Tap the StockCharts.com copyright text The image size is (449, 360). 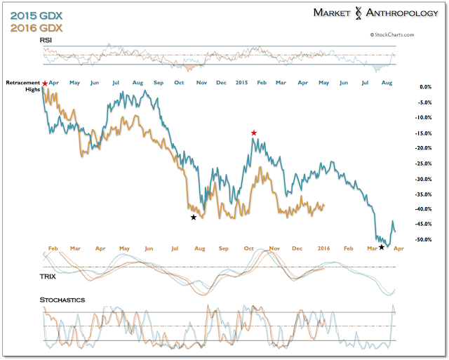389,34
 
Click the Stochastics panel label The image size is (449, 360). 62,300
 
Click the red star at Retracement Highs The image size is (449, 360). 45,84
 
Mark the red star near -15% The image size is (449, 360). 254,133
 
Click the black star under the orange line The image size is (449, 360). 194,218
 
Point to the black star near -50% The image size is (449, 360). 382,247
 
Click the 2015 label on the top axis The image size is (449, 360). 243,84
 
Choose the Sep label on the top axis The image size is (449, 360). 159,84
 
